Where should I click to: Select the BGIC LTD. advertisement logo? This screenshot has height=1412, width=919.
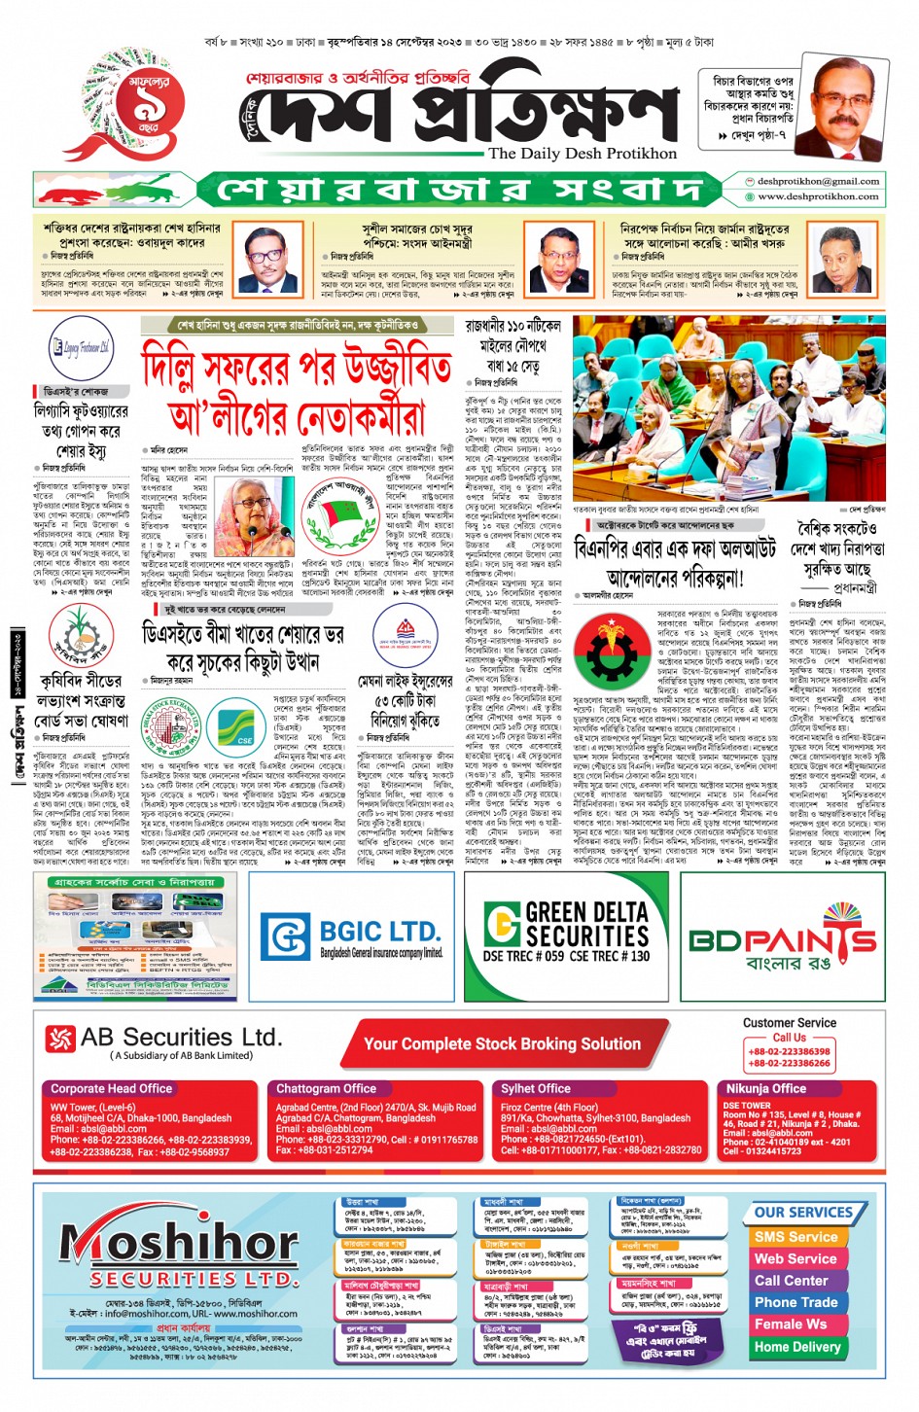(352, 936)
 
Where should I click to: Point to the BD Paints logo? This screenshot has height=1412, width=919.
(783, 942)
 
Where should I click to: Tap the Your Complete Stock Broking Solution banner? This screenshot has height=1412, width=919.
(502, 1043)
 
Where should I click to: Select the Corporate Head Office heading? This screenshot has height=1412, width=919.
(111, 1089)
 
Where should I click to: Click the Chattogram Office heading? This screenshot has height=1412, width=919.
(326, 1089)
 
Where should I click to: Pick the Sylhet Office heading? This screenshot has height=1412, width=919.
(536, 1089)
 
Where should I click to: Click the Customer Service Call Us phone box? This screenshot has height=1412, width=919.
(789, 1057)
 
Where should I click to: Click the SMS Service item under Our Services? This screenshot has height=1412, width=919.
(795, 1237)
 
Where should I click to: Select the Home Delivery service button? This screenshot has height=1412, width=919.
(796, 1347)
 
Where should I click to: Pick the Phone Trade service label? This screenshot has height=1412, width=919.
(795, 1302)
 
